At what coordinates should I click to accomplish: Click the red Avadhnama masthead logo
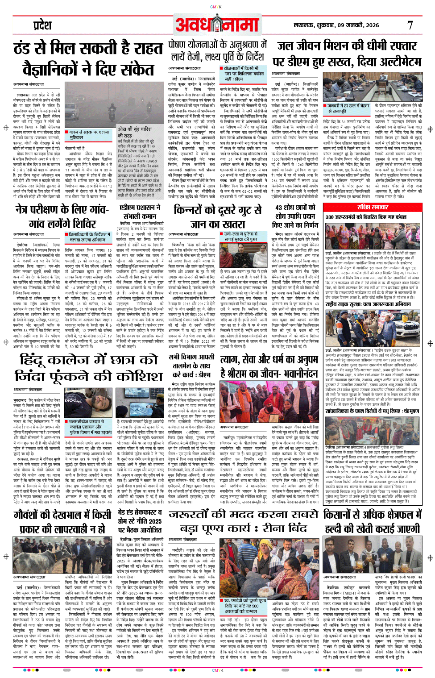[217, 25]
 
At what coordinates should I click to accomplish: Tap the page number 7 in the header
[410, 25]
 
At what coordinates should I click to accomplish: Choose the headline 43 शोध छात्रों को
[295, 208]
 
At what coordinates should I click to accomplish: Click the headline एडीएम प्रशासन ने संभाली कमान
[140, 212]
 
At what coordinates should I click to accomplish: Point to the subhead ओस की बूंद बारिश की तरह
[134, 132]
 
